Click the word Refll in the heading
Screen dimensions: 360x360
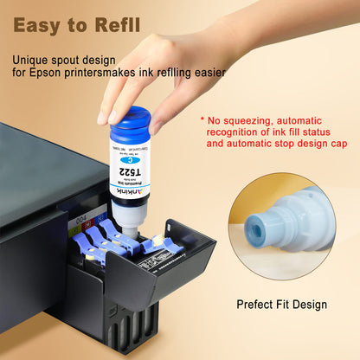point(117,24)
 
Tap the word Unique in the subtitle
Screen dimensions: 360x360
point(32,61)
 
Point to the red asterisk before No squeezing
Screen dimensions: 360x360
point(202,120)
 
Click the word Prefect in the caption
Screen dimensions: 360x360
point(256,305)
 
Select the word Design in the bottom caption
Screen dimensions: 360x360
point(307,305)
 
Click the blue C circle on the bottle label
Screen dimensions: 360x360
point(128,159)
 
